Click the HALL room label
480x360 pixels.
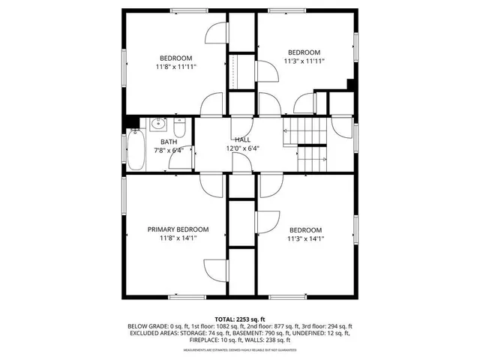(x=242, y=139)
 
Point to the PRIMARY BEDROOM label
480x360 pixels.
(x=178, y=229)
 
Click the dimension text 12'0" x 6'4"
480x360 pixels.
(x=242, y=148)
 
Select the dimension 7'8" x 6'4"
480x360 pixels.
(x=169, y=150)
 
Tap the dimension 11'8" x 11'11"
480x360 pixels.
(x=175, y=67)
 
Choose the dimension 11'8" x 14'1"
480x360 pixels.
(x=178, y=238)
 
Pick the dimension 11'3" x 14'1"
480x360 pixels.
(x=305, y=239)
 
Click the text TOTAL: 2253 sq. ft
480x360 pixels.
(x=240, y=319)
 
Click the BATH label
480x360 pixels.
(x=169, y=141)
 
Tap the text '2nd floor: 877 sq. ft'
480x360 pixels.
(x=261, y=327)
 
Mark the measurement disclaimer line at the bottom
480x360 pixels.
(x=240, y=350)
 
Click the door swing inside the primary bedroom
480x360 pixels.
(x=214, y=268)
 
